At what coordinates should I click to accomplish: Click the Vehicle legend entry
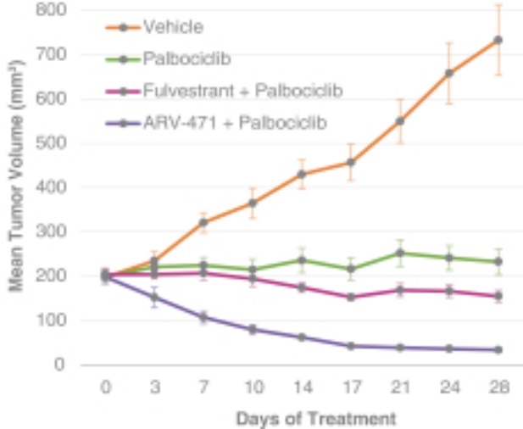click(x=173, y=26)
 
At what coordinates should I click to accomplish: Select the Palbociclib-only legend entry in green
click(x=187, y=58)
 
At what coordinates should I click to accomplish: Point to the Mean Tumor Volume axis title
click(x=16, y=187)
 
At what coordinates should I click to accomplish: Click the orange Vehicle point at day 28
click(x=498, y=40)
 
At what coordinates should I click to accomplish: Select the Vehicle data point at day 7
click(x=203, y=223)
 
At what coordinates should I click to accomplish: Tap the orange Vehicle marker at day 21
click(x=399, y=121)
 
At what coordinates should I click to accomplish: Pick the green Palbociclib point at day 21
click(x=399, y=253)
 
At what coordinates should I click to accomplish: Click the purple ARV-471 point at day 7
click(x=203, y=317)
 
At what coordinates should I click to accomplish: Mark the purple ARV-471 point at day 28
click(x=498, y=349)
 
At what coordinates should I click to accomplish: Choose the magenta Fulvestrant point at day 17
click(x=350, y=298)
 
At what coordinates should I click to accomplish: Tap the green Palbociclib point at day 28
click(x=498, y=262)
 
